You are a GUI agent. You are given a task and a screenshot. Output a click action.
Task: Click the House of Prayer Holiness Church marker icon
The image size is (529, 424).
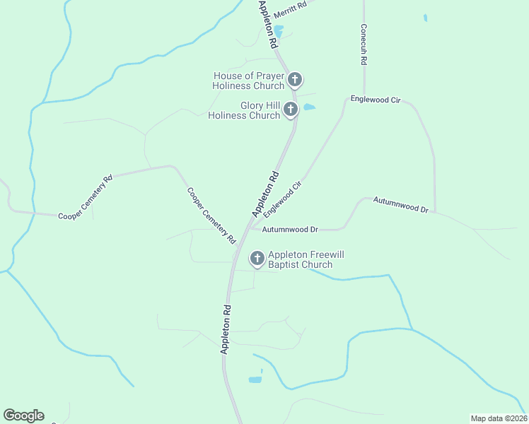pyautogui.click(x=295, y=79)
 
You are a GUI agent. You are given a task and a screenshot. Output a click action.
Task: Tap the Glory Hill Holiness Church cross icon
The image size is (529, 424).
pyautogui.click(x=290, y=109)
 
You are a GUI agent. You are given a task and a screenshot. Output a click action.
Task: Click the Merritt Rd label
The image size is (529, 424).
pyautogui.click(x=291, y=5)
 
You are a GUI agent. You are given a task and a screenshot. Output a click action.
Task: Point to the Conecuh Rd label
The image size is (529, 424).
pyautogui.click(x=363, y=46)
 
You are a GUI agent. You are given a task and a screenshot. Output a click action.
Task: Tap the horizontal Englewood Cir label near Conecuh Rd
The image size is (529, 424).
pyautogui.click(x=375, y=100)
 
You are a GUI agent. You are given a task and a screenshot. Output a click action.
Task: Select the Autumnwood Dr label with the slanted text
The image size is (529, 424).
pyautogui.click(x=401, y=205)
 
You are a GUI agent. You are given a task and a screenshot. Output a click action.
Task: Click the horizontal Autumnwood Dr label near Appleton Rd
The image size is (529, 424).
pyautogui.click(x=291, y=230)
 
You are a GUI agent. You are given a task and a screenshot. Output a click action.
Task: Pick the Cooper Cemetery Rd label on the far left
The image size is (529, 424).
pyautogui.click(x=85, y=199)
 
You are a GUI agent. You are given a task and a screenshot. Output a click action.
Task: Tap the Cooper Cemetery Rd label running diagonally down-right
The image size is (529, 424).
pyautogui.click(x=211, y=215)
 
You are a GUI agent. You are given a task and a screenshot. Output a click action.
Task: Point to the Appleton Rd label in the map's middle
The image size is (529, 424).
pyautogui.click(x=265, y=194)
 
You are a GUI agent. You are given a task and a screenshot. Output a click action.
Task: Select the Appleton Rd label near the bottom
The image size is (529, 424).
pyautogui.click(x=226, y=329)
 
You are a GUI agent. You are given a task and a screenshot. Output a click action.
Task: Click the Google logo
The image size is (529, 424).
pyautogui.click(x=23, y=416)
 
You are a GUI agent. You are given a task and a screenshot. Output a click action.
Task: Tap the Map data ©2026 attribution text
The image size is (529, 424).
pyautogui.click(x=499, y=418)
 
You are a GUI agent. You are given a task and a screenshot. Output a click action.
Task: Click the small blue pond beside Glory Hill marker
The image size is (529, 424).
pyautogui.click(x=309, y=107)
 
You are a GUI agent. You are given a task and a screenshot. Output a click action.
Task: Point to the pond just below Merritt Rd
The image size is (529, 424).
pyautogui.click(x=279, y=32)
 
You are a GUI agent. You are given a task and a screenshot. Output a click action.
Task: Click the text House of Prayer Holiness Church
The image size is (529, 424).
pyautogui.click(x=248, y=81)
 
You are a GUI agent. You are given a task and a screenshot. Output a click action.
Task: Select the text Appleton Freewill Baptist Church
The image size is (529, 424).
pyautogui.click(x=301, y=259)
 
